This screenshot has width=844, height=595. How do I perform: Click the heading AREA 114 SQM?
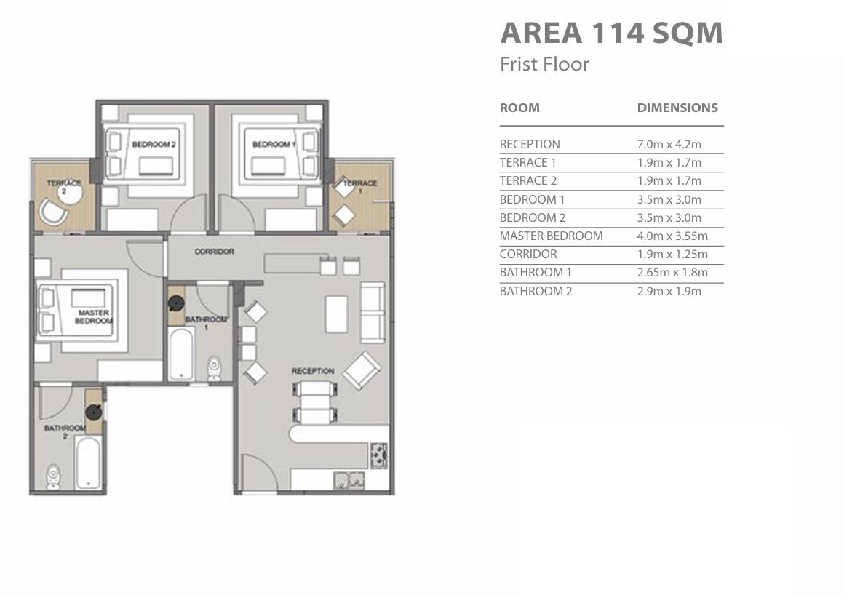point(611,33)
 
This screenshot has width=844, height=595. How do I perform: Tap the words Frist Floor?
point(544,64)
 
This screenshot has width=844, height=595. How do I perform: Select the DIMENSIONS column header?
point(677,108)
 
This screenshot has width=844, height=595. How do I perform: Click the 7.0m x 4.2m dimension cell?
point(669,144)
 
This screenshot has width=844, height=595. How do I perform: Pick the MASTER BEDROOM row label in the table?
point(551,236)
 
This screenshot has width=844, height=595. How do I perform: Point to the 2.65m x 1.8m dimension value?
point(672,272)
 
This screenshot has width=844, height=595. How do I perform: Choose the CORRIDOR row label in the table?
point(528,254)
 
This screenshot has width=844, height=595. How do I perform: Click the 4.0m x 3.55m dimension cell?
point(672,236)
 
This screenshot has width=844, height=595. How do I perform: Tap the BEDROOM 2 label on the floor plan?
point(154,144)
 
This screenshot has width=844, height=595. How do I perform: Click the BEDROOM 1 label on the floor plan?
point(274,144)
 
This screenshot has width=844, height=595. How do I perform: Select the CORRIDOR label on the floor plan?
point(214,251)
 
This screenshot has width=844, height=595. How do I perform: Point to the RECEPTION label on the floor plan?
point(313,371)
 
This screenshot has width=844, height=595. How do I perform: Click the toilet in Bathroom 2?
point(53,476)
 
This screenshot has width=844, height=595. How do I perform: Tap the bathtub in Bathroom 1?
point(181,354)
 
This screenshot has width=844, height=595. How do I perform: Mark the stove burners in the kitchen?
point(378,455)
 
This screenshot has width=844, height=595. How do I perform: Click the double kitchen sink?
point(349,480)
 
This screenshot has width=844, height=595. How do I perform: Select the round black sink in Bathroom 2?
point(94,412)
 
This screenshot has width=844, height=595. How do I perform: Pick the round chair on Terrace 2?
point(53,212)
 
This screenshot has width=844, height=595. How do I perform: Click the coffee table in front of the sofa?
point(336,314)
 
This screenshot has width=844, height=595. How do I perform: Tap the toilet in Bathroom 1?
point(214,368)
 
